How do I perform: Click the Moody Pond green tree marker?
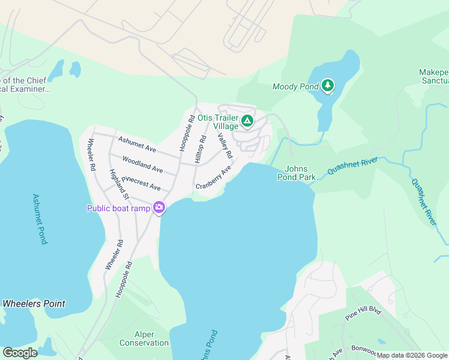327,86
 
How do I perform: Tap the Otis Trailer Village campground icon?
246,122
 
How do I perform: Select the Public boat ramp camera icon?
159,208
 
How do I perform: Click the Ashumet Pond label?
40,219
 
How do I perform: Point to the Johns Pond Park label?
297,173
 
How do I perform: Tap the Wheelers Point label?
34,304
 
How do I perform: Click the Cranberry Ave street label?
213,178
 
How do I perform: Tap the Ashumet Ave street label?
137,144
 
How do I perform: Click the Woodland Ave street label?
142,164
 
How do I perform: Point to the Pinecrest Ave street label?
141,183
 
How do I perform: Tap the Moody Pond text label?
295,86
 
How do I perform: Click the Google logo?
20,352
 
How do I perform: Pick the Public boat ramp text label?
119,208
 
